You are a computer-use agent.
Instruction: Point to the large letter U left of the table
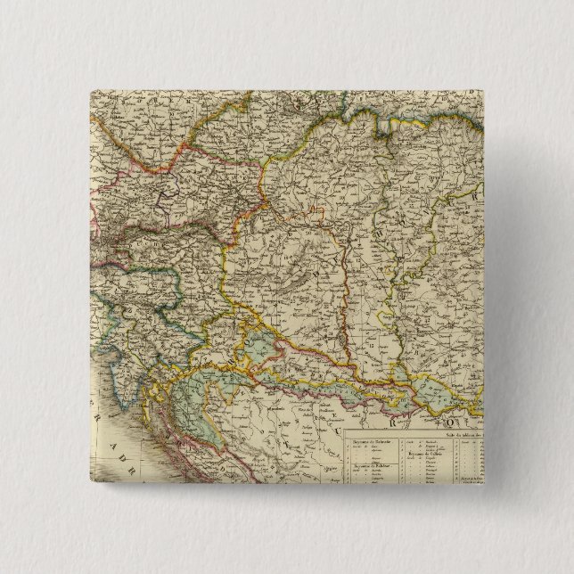coord(332,409)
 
